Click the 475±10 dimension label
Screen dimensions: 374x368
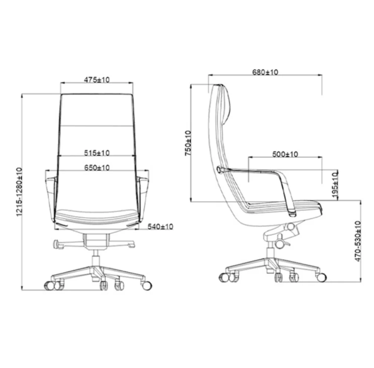coord(97,80)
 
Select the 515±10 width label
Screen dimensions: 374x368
coord(97,153)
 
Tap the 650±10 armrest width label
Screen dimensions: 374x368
coord(97,168)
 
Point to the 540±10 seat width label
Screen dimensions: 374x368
coord(160,227)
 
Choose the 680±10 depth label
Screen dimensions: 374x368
coord(265,72)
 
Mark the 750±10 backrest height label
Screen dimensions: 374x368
coord(188,143)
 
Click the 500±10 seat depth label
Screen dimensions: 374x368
coord(285,154)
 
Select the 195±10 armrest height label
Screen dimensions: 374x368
coord(335,185)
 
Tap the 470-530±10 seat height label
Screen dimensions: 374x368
coord(358,241)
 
